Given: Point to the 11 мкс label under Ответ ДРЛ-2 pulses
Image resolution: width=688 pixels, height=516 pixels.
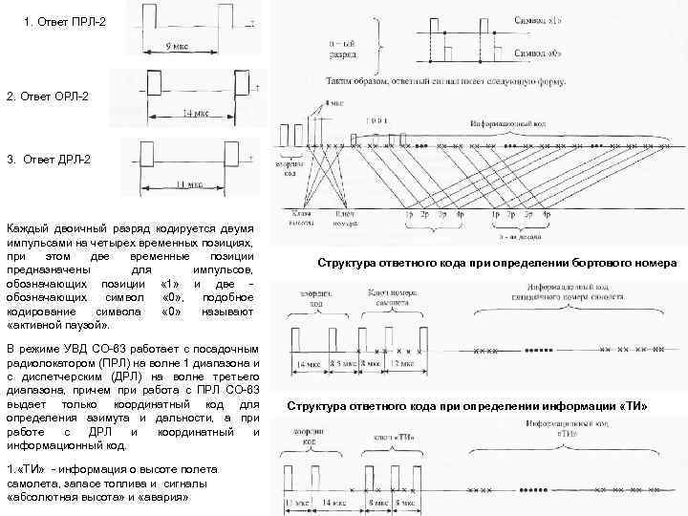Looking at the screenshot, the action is (x=189, y=183).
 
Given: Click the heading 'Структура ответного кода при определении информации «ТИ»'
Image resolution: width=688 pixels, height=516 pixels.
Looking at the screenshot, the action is (x=467, y=407).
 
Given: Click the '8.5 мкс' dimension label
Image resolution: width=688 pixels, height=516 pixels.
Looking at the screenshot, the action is (x=341, y=364).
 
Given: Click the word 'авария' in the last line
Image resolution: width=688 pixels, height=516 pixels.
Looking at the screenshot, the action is (x=164, y=498).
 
